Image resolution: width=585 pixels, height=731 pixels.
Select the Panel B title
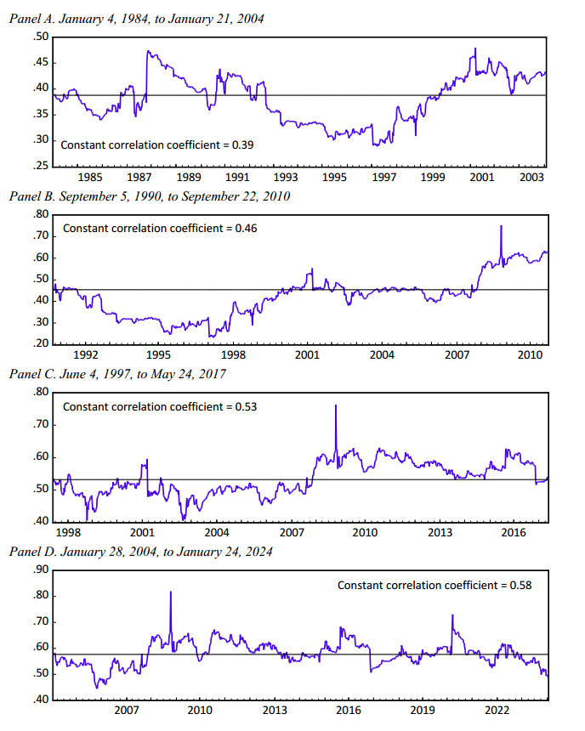(150, 196)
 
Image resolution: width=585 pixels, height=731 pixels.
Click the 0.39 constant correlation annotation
(157, 145)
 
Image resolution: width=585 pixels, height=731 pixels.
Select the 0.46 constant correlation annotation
(160, 229)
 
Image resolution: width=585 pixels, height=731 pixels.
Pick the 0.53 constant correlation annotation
(160, 406)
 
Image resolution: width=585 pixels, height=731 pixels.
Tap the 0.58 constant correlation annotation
(434, 585)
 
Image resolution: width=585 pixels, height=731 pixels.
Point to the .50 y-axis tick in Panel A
(40, 37)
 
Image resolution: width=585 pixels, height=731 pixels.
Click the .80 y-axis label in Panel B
(40, 215)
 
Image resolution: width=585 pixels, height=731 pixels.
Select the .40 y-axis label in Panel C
(40, 521)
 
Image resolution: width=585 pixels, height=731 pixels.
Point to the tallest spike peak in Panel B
(501, 226)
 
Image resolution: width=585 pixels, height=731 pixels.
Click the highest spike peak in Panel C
(336, 405)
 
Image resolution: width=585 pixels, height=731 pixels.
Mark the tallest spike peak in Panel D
(171, 592)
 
